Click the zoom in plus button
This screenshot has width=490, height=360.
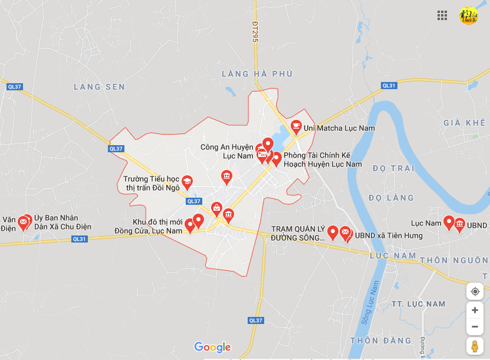tap(475, 310)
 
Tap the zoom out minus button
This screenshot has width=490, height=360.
tap(475, 326)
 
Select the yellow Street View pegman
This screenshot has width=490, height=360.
tap(475, 346)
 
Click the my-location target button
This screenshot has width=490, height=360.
tap(475, 292)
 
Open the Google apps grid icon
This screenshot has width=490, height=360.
tap(442, 15)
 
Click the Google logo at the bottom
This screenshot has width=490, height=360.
tap(212, 347)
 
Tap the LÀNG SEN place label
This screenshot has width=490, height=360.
tap(99, 87)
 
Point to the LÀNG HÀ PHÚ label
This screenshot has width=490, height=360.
tap(257, 74)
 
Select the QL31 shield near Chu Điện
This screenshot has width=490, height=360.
tap(79, 239)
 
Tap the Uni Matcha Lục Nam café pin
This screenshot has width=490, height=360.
tap(296, 126)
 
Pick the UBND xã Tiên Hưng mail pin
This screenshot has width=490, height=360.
tap(346, 234)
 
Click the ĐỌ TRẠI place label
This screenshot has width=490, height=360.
tap(394, 168)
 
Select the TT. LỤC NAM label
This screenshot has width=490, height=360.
tap(419, 304)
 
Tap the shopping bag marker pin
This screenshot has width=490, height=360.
tap(217, 208)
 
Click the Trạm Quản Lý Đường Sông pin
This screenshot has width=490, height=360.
tap(333, 233)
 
